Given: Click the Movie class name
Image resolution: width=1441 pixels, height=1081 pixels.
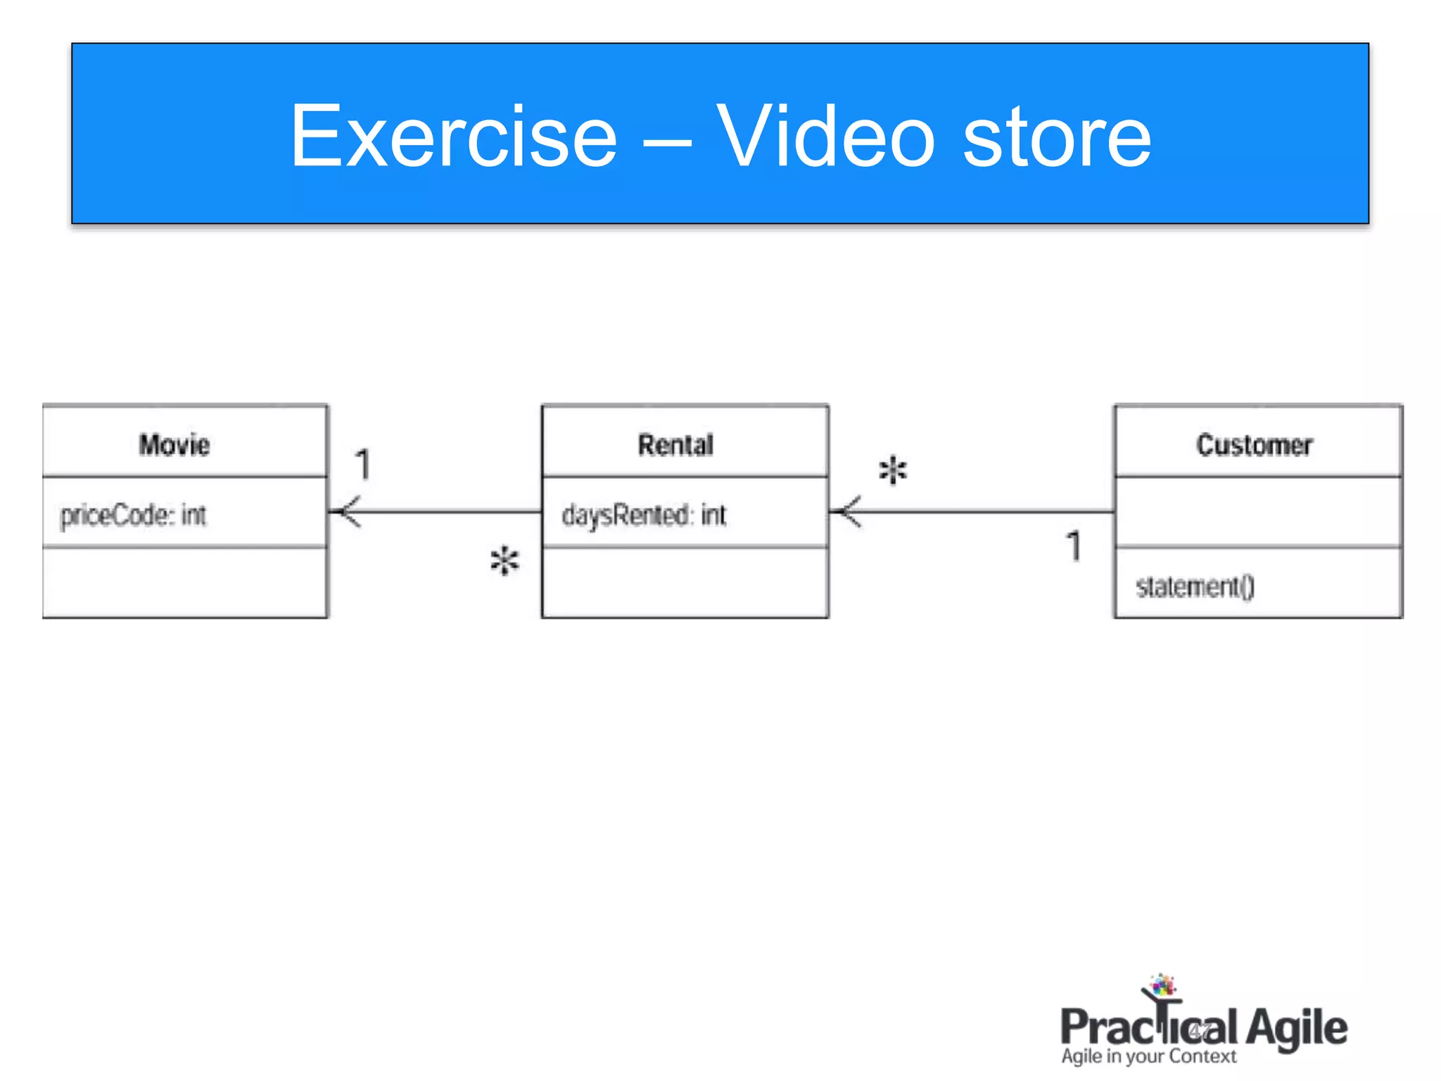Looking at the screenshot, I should pos(174,445).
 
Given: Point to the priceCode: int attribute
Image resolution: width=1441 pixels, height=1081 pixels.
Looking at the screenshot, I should pos(133,515).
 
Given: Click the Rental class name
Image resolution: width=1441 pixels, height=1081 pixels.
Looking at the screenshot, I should pos(675,445).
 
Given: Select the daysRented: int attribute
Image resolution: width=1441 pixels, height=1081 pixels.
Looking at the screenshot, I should pos(643,515).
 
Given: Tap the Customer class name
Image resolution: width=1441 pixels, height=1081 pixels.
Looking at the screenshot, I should pos(1255,445).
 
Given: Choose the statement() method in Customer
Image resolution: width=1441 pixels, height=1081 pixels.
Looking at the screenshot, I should pos(1195,586).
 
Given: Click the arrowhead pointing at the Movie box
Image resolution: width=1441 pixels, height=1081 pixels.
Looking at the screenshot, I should pos(345,512).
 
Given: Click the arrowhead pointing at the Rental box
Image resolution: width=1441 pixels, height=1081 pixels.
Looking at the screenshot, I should pos(846,512).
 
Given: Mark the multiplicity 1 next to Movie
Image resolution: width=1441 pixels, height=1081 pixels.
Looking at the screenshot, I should pos(362,464).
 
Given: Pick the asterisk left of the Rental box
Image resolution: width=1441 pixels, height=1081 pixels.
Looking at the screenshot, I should pos(504,562).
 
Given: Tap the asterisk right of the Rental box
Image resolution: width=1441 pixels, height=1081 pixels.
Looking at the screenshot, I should pos(893,470).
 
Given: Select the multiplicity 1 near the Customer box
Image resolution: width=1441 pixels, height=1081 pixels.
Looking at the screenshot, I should pos(1074,546).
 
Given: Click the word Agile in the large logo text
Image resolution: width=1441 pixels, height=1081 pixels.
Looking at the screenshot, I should pos(1296,1028).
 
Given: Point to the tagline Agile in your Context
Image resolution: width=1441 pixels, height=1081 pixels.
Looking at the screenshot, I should pos(1148,1056).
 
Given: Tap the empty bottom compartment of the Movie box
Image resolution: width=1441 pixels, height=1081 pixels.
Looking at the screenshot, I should pos(185,583).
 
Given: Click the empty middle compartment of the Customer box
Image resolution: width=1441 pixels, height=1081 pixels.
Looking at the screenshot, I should pos(1258,512).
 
